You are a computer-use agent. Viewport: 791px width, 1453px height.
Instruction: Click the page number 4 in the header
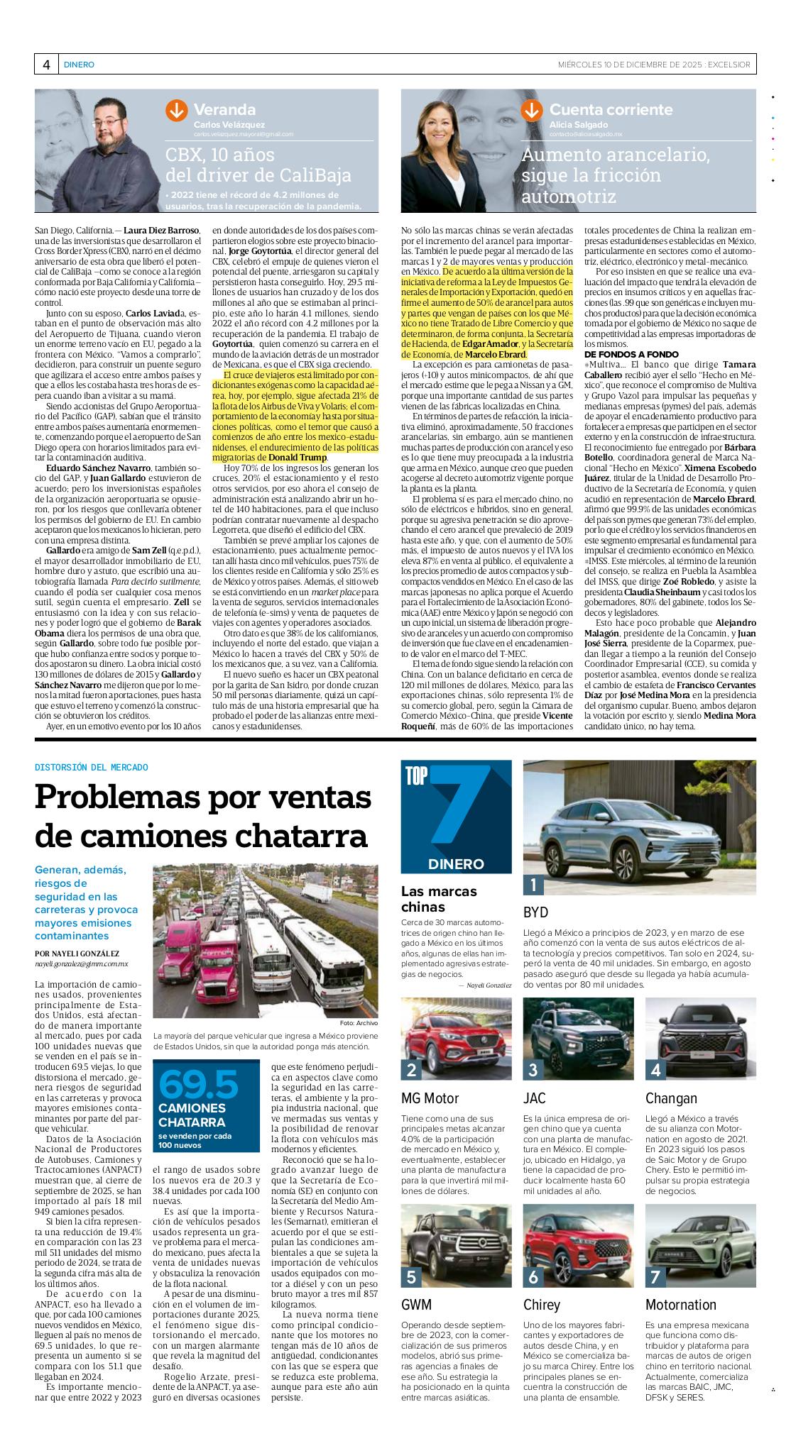[x=46, y=65]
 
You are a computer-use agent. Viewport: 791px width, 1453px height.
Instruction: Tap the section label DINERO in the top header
[x=79, y=65]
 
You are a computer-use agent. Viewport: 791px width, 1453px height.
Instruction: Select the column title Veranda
[x=224, y=110]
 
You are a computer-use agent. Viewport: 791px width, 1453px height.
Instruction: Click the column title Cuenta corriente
[x=611, y=110]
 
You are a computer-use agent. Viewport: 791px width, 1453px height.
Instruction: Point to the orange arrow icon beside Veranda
[x=175, y=111]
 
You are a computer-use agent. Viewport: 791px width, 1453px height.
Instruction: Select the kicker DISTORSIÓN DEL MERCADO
[x=92, y=767]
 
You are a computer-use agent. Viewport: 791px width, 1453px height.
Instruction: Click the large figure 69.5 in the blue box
[x=198, y=1085]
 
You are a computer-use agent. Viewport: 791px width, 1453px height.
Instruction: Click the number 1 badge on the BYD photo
[x=533, y=884]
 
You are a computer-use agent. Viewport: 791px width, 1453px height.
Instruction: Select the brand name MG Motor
[x=430, y=1098]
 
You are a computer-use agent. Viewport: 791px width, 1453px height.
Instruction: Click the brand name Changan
[x=671, y=1098]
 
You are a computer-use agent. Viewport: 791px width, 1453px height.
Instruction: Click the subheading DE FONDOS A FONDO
[x=621, y=354]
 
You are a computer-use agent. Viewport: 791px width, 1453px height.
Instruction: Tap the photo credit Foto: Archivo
[x=359, y=1023]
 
